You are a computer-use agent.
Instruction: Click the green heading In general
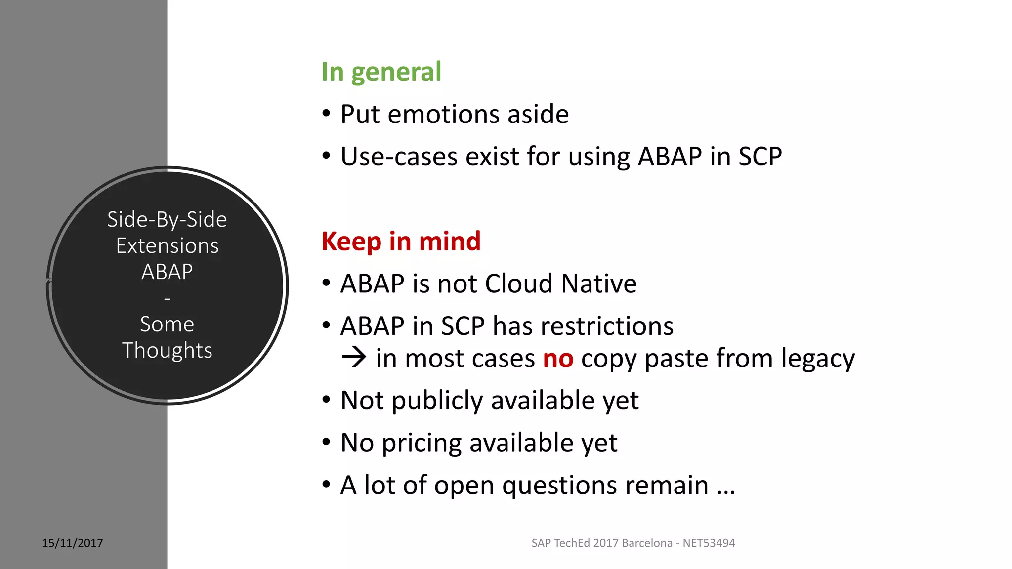381,72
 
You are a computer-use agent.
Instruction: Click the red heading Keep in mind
401,242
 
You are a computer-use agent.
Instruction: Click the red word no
558,359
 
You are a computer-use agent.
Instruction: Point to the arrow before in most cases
354,357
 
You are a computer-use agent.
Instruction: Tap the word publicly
437,401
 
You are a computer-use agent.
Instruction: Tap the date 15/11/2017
73,543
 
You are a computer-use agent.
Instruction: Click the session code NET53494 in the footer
709,543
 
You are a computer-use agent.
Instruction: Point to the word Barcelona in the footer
647,543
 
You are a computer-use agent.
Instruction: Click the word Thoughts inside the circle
167,351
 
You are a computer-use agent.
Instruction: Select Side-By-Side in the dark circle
167,220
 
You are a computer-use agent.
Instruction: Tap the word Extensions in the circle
167,246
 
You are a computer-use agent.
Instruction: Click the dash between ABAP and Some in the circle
167,299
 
